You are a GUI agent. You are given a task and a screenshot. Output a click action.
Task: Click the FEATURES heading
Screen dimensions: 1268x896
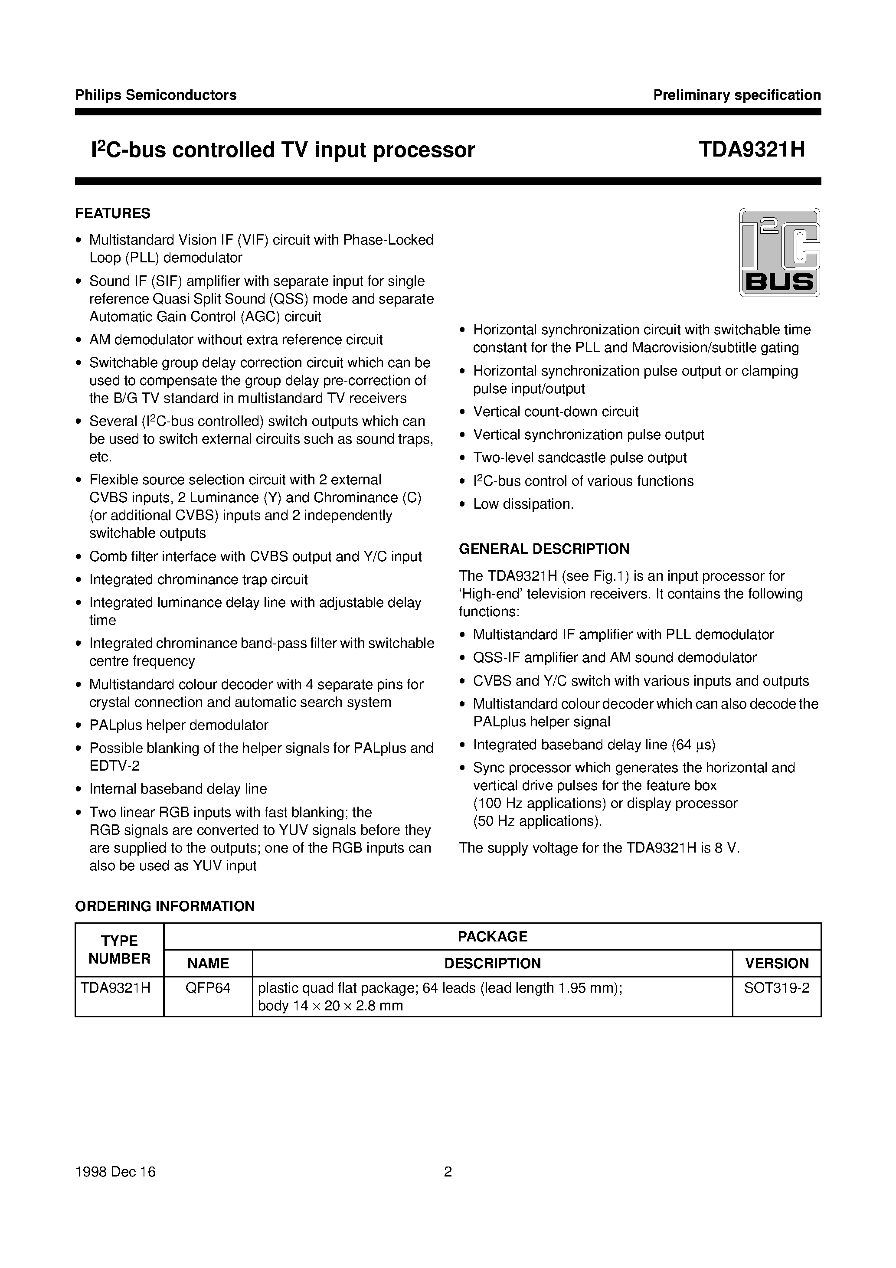click(x=113, y=213)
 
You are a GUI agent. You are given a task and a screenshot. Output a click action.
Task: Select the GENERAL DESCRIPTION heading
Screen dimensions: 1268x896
click(x=544, y=549)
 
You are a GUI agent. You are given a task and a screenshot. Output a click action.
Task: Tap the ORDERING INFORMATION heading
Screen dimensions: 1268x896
click(x=165, y=906)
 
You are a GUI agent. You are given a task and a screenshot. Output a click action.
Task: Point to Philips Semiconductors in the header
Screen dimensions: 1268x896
click(x=156, y=95)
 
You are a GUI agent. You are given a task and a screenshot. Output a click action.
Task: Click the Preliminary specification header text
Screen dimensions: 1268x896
click(x=737, y=95)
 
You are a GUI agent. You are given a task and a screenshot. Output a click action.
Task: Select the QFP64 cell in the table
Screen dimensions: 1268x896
click(x=208, y=988)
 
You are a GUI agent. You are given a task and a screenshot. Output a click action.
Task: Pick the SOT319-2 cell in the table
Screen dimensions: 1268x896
click(x=777, y=988)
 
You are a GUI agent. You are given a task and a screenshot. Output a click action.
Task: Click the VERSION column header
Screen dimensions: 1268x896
click(x=777, y=964)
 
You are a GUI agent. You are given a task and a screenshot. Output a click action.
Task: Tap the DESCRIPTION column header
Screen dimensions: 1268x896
click(x=492, y=964)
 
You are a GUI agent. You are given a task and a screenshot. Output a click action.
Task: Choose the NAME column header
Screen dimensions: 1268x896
click(x=208, y=964)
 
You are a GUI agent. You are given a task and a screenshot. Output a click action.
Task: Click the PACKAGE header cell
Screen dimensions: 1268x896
click(x=492, y=937)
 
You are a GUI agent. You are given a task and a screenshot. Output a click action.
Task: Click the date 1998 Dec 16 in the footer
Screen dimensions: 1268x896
click(x=115, y=1172)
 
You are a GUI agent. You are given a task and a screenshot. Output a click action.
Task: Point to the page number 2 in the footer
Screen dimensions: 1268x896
click(x=448, y=1172)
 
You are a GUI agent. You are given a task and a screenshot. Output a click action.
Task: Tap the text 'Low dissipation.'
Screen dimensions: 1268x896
click(x=523, y=504)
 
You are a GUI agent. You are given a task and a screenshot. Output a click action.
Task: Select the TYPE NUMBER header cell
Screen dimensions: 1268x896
click(x=119, y=950)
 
